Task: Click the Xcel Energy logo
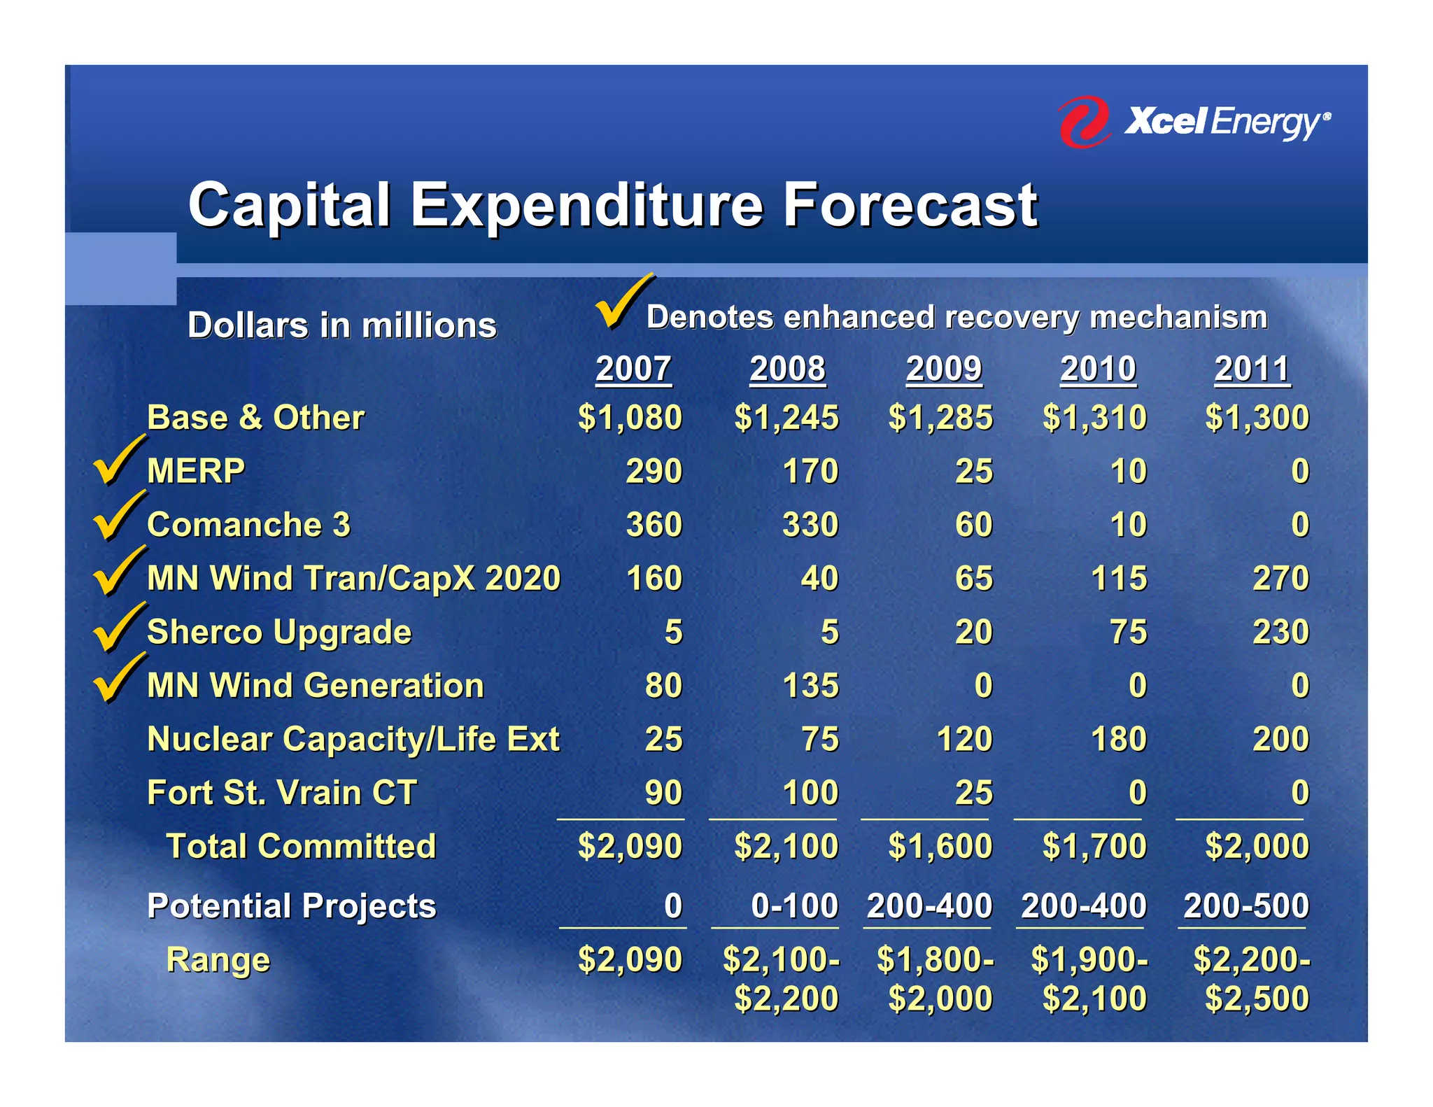(x=1193, y=122)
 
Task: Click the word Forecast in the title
(x=910, y=205)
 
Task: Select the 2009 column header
(x=943, y=369)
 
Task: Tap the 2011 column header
(x=1252, y=369)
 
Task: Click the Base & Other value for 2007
(x=630, y=418)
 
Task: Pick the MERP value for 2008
(x=810, y=471)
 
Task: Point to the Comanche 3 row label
(x=248, y=525)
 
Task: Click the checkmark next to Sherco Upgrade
(x=118, y=628)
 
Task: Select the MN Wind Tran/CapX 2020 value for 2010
(x=1119, y=579)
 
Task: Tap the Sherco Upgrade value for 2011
(x=1280, y=632)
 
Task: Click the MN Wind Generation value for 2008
(x=810, y=686)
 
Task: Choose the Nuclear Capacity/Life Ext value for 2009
(x=964, y=739)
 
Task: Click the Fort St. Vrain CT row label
(x=282, y=793)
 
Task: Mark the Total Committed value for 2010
(x=1094, y=846)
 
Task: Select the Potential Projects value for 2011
(x=1245, y=906)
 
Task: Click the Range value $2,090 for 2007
(x=630, y=959)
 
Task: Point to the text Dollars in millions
(x=342, y=325)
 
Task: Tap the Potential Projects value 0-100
(x=794, y=906)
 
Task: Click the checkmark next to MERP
(x=118, y=462)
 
